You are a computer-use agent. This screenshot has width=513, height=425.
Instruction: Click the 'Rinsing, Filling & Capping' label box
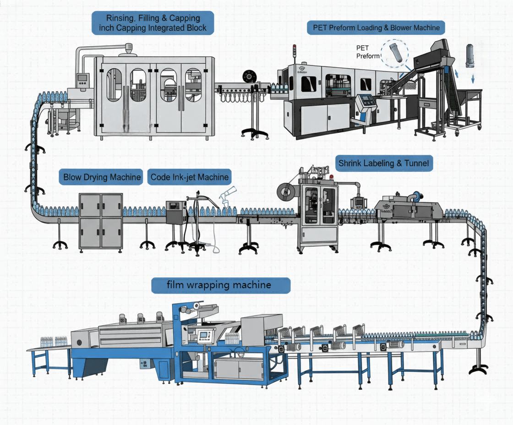[x=153, y=23]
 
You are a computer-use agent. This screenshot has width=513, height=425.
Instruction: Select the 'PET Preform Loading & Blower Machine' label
[x=376, y=27]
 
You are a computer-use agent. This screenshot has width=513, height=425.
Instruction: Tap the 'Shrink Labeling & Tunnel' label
[x=384, y=163]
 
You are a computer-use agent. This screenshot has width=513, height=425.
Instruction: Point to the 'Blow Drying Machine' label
[x=102, y=177]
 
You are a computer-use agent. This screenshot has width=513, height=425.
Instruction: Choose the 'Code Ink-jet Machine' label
[x=189, y=177]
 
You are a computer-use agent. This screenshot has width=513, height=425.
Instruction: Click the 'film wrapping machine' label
[x=221, y=285]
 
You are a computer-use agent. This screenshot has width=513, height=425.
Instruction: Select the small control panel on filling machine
[x=82, y=81]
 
